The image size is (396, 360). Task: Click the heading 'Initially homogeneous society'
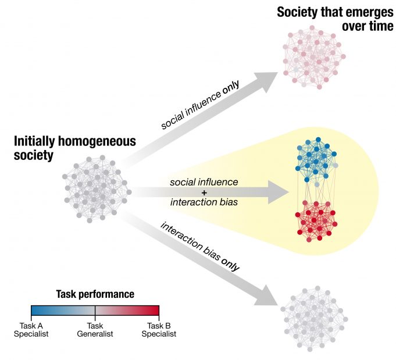click(x=74, y=148)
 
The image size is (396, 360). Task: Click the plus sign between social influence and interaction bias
click(x=204, y=192)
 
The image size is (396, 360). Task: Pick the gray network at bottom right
click(x=314, y=318)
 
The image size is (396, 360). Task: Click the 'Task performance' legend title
click(x=95, y=294)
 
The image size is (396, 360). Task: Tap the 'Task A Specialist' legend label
click(x=31, y=330)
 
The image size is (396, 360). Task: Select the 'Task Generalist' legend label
click(x=95, y=330)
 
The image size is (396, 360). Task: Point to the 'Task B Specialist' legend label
click(x=158, y=330)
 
